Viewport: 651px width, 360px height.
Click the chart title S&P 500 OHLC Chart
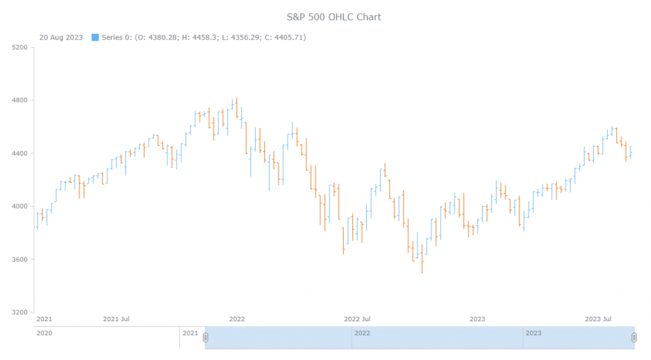point(334,17)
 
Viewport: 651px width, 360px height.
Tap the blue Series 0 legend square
point(95,38)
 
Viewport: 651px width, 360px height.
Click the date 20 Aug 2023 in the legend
point(61,38)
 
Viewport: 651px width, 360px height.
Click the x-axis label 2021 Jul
point(116,319)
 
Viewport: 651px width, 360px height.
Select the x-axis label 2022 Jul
point(357,319)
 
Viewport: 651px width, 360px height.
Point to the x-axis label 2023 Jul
point(598,319)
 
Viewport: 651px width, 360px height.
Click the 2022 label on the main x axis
point(236,319)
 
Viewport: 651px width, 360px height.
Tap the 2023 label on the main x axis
point(477,319)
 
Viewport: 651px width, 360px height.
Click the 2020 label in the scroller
point(45,333)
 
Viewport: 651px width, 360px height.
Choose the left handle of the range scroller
point(205,338)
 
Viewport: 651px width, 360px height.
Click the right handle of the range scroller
point(634,338)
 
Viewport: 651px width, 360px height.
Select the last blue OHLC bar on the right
point(630,152)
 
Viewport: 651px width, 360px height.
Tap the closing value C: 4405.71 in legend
point(285,38)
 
